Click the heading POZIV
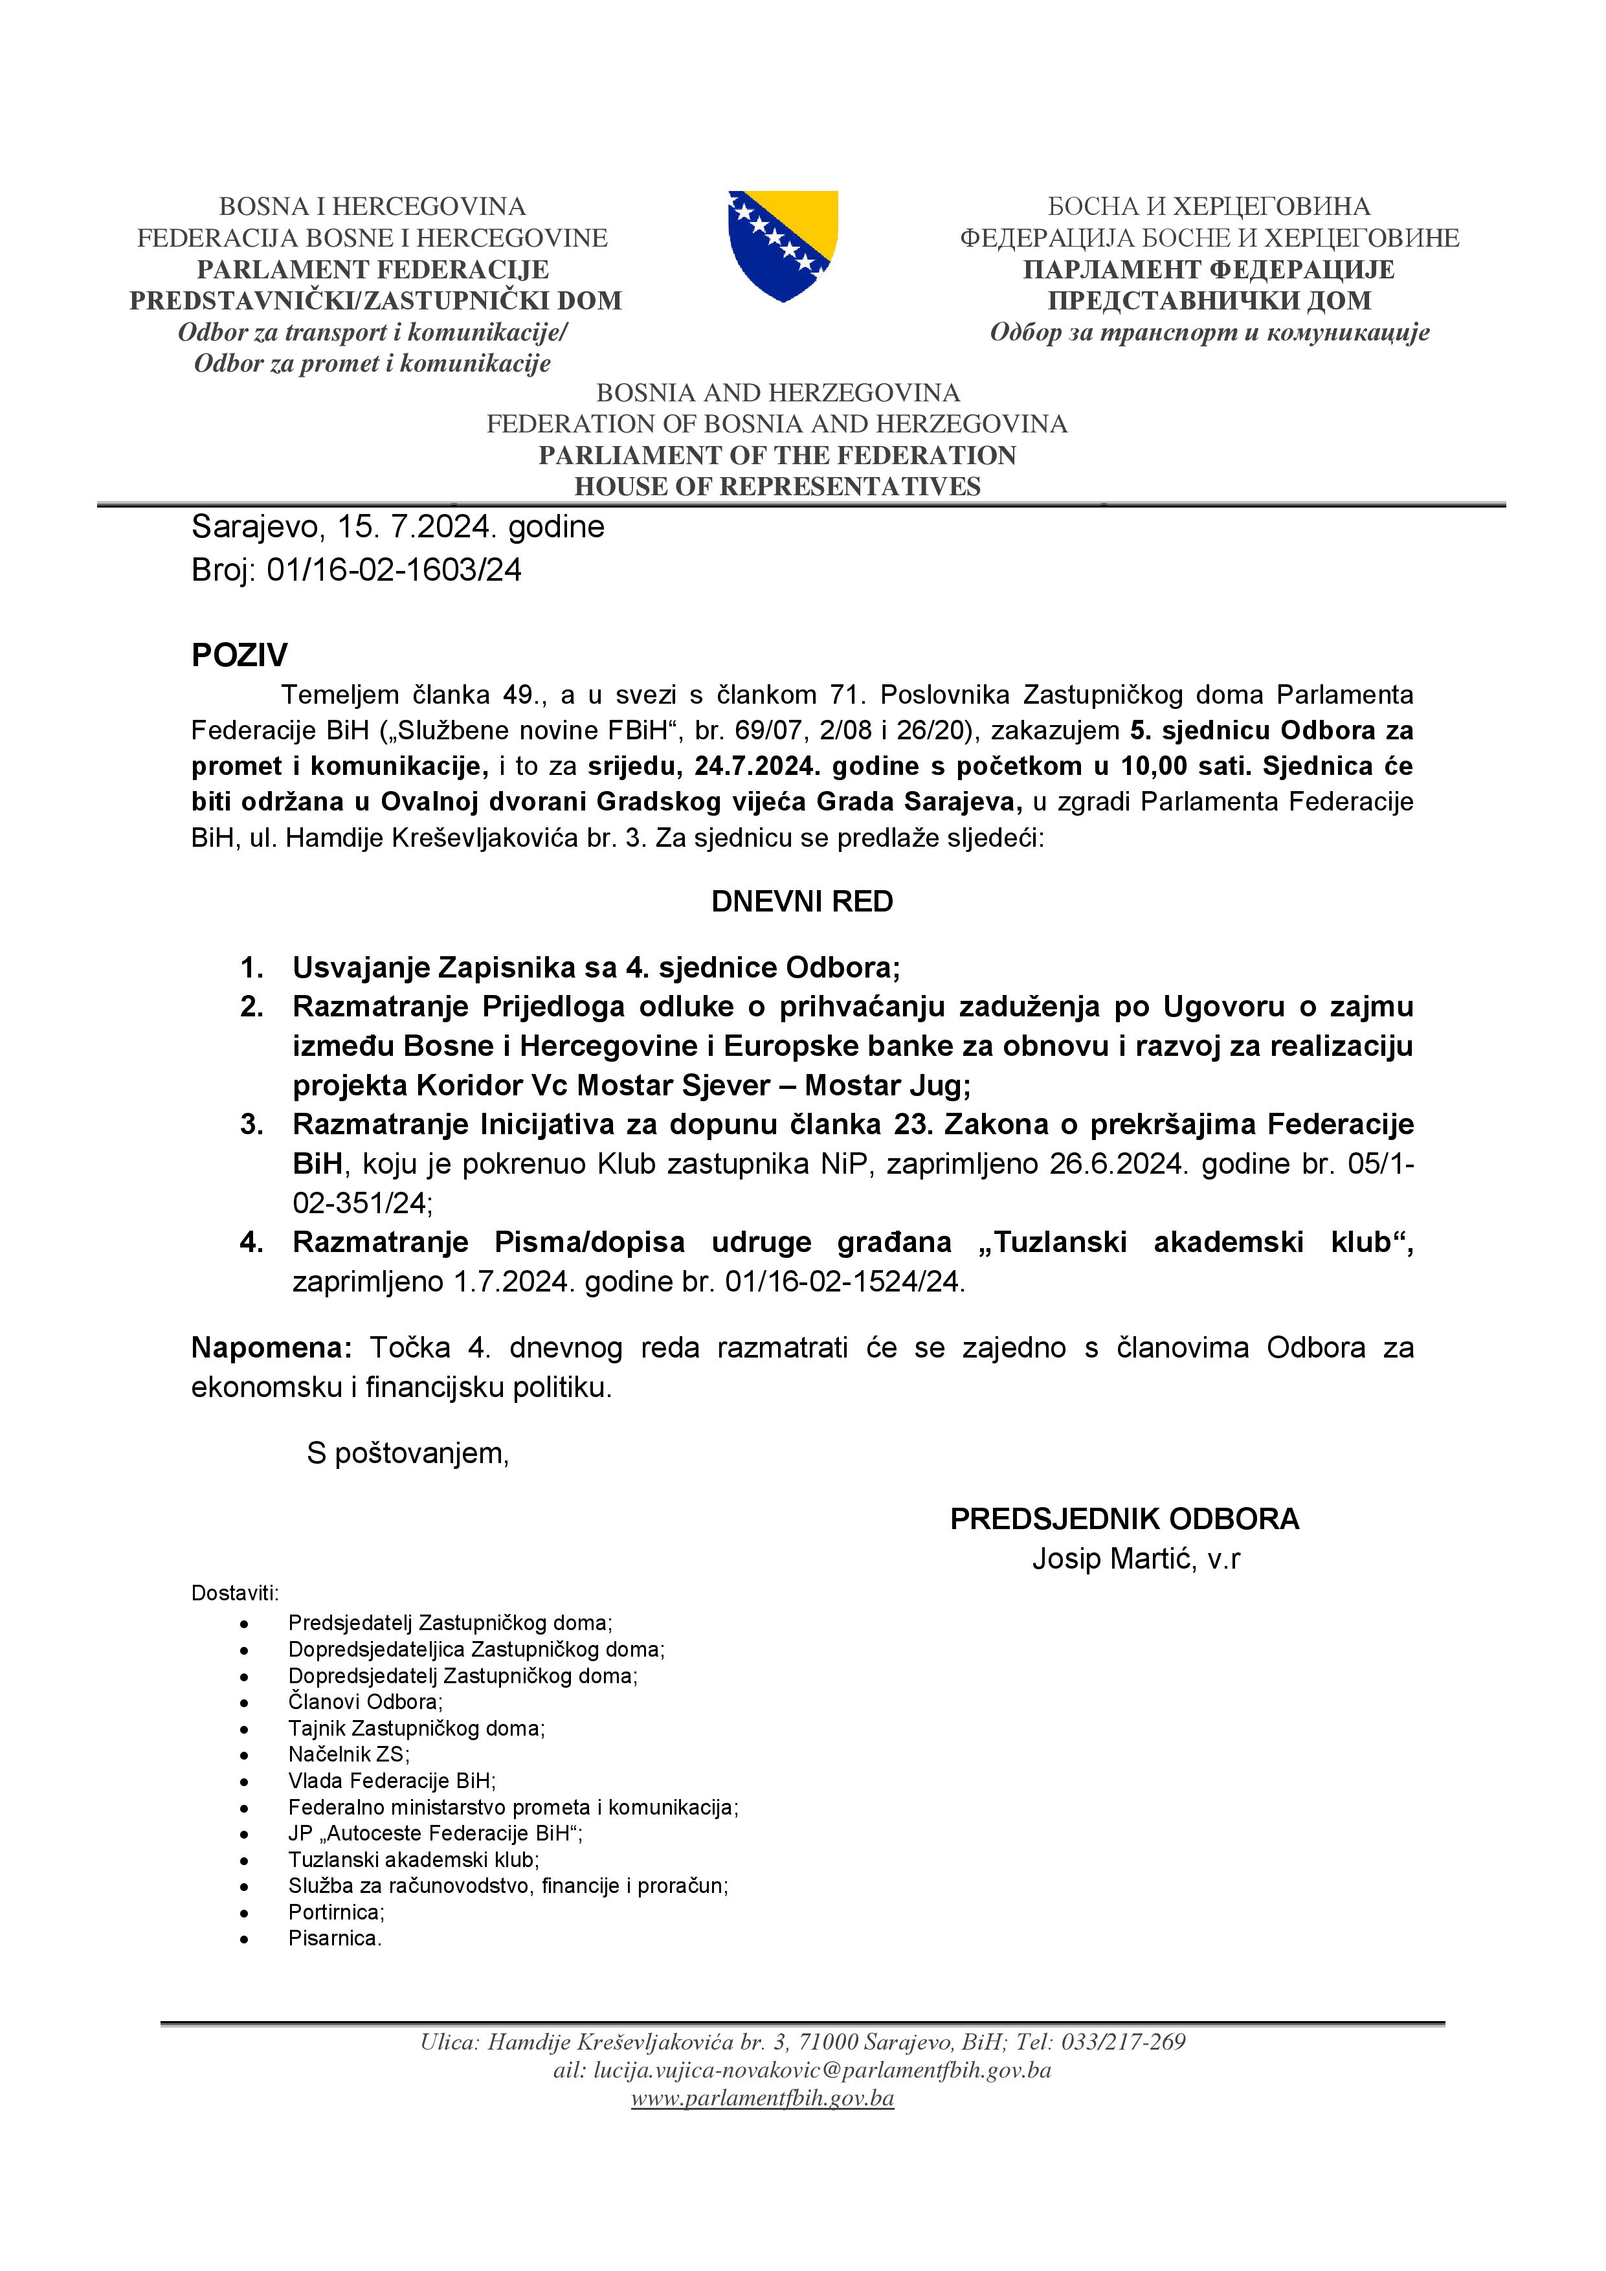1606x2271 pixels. point(240,654)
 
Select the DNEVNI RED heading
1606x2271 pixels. point(802,901)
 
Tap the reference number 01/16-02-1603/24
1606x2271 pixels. point(394,570)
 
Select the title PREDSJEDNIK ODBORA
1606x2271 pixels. point(1124,1519)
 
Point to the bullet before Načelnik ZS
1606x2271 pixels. point(244,1756)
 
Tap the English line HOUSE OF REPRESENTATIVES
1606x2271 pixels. point(777,487)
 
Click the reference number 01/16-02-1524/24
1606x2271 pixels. point(843,1282)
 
